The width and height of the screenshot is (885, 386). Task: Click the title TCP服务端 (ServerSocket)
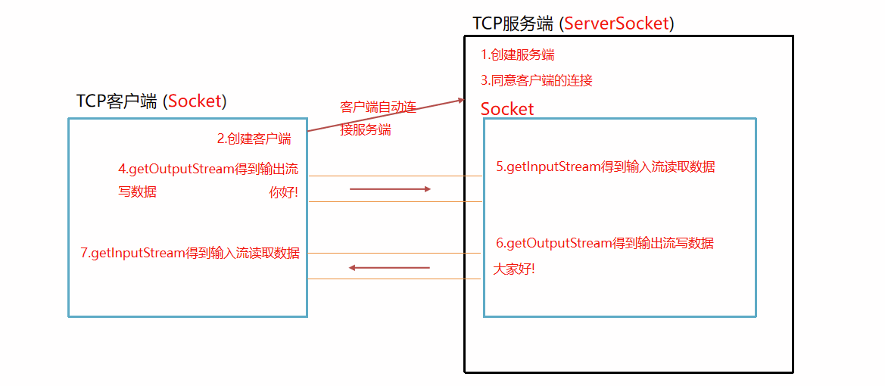(573, 23)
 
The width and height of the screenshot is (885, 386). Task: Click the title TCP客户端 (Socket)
(151, 101)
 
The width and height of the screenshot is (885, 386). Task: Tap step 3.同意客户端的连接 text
(536, 80)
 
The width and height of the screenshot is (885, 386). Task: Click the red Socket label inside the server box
(507, 109)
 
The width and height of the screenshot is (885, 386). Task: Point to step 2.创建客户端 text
(254, 139)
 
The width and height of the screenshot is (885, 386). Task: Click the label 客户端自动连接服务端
(378, 118)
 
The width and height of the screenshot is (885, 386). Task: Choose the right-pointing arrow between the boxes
(390, 189)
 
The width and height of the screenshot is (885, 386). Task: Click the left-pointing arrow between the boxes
(389, 267)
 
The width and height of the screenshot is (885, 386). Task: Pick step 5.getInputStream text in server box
(605, 167)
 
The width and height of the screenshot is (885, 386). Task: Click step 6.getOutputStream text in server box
(605, 243)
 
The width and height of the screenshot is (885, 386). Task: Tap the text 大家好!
(514, 268)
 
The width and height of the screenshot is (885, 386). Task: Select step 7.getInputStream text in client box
(189, 253)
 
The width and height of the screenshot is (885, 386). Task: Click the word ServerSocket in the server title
(617, 23)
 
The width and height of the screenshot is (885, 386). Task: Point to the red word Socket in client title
(195, 101)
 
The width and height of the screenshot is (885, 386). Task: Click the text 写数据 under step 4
(137, 192)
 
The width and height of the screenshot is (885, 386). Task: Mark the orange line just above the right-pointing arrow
(395, 176)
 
